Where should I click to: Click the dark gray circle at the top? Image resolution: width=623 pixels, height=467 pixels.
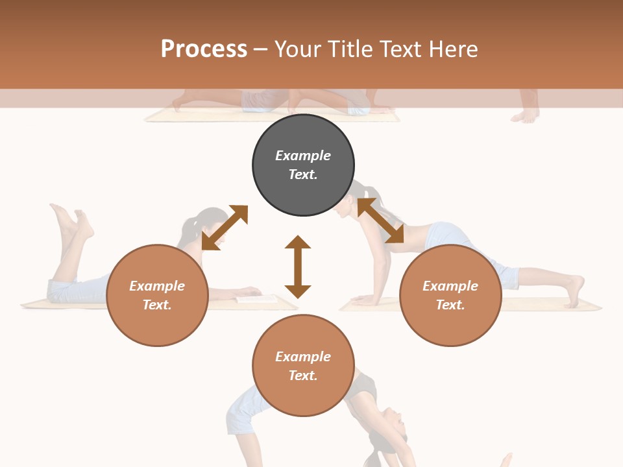[303, 165]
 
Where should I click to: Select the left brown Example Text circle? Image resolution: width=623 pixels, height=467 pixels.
[157, 295]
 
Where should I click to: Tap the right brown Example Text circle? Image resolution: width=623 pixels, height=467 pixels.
[450, 295]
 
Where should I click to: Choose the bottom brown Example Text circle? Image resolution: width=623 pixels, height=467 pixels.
[303, 366]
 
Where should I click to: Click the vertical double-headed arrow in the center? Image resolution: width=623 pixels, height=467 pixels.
[298, 267]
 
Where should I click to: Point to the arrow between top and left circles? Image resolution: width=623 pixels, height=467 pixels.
[225, 227]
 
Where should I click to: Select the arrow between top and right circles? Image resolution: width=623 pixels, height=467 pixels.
[380, 221]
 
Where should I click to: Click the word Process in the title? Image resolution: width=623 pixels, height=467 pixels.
[204, 49]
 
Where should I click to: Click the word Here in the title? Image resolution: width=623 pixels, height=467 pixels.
[454, 49]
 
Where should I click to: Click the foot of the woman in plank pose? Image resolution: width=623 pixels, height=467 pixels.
[575, 291]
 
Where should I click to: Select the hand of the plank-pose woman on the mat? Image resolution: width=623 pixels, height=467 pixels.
[365, 300]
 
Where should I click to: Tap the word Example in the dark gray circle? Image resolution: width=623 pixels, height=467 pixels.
[303, 156]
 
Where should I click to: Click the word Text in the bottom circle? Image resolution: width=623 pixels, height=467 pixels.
[303, 376]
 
